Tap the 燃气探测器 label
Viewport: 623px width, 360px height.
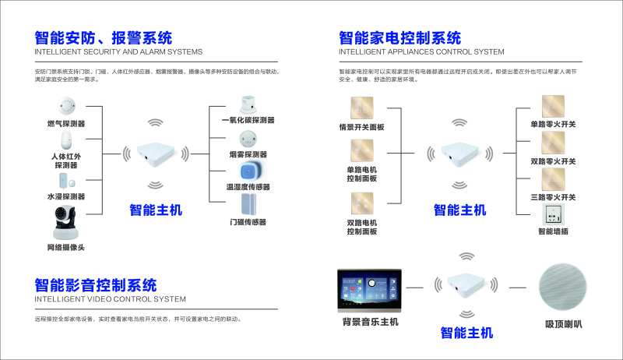[x=65, y=123]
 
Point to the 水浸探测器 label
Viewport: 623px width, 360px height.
[x=65, y=196]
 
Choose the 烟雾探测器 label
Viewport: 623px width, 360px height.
[x=248, y=154]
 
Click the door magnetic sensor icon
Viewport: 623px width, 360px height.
[x=248, y=204]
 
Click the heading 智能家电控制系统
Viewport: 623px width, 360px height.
[x=399, y=38]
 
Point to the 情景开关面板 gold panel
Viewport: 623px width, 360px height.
[x=361, y=108]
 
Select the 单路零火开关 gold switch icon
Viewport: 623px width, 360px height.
[x=552, y=105]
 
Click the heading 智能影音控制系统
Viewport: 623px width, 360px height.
[x=96, y=284]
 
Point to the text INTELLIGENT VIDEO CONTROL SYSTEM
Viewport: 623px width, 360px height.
[x=111, y=298]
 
